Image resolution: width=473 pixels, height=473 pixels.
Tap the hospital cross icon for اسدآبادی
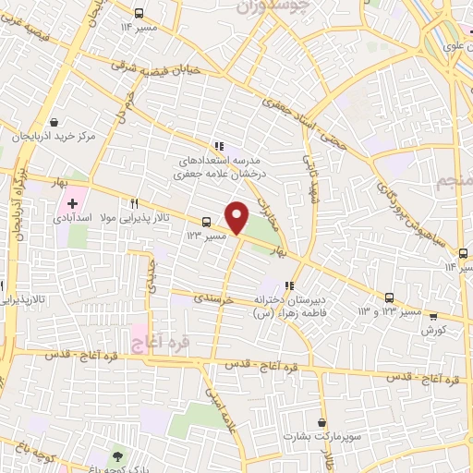click(72, 201)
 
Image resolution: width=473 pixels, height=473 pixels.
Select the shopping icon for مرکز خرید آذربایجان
click(55, 122)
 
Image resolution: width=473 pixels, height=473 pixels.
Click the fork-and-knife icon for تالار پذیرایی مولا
click(135, 204)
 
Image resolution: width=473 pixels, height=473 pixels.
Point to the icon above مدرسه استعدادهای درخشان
click(218, 145)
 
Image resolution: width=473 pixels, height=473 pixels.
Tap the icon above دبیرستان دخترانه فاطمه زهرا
click(289, 285)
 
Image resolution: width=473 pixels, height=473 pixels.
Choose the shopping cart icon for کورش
click(432, 315)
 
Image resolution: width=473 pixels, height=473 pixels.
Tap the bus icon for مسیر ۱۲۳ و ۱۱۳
click(389, 297)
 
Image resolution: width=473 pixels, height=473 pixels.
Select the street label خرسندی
click(215, 300)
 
